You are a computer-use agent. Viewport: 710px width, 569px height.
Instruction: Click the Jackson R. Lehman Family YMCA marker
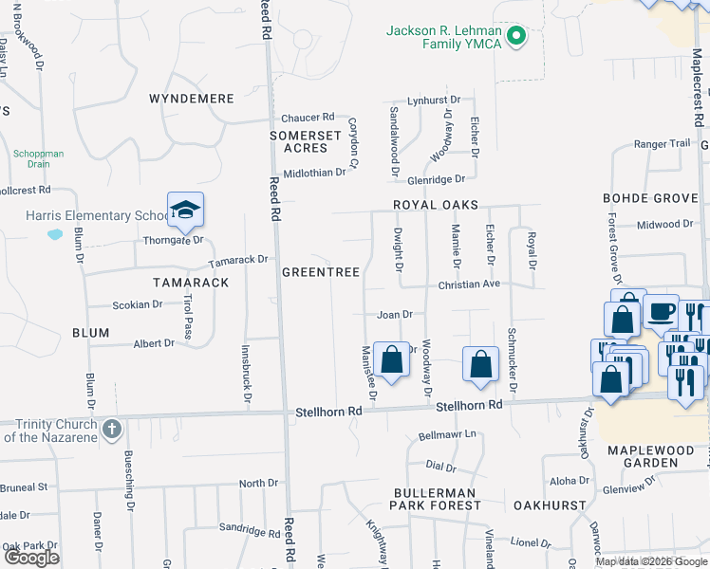pyautogui.click(x=516, y=37)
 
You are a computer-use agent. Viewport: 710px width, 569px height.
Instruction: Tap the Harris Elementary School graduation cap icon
pyautogui.click(x=186, y=210)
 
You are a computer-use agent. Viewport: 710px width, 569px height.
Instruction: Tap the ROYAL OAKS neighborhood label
pyautogui.click(x=437, y=205)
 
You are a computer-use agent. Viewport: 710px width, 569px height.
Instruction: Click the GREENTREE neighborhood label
pyautogui.click(x=321, y=272)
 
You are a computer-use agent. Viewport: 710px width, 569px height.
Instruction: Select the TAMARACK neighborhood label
pyautogui.click(x=192, y=283)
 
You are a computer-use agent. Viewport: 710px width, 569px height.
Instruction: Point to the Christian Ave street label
pyautogui.click(x=468, y=284)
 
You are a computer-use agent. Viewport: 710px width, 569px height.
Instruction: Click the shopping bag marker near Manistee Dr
pyautogui.click(x=391, y=358)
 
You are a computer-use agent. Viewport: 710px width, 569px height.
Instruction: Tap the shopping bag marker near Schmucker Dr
pyautogui.click(x=481, y=363)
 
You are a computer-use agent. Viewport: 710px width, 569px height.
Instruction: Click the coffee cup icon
pyautogui.click(x=661, y=310)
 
